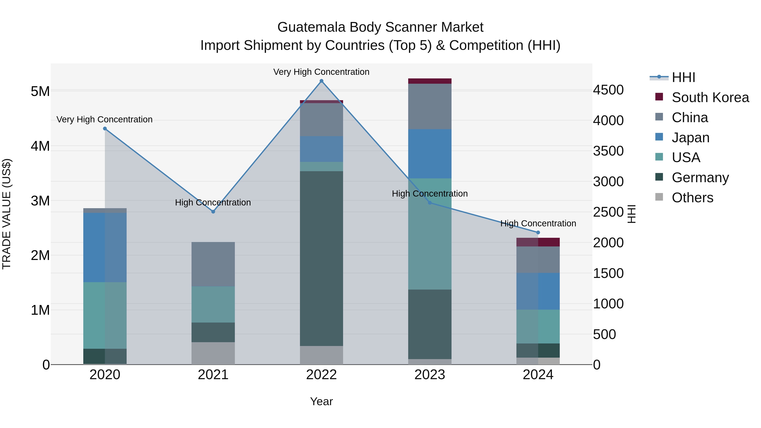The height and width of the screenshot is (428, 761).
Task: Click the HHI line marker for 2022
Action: click(321, 81)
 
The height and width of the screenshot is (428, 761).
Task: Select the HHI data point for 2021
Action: click(213, 212)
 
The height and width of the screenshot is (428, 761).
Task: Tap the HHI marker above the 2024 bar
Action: click(538, 232)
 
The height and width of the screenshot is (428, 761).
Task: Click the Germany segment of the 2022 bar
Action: click(321, 258)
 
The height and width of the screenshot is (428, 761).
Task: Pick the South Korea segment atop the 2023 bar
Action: click(430, 81)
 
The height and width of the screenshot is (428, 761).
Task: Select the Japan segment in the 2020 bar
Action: click(105, 247)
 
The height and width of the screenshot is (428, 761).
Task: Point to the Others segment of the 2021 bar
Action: click(213, 353)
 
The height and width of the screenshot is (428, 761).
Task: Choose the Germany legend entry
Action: click(700, 178)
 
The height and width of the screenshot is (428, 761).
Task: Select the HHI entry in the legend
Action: click(683, 77)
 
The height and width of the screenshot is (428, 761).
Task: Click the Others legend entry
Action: click(692, 198)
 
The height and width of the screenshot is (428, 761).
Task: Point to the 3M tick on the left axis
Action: click(40, 201)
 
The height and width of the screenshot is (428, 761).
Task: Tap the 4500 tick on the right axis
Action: click(608, 90)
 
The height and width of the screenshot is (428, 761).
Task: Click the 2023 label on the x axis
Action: click(430, 375)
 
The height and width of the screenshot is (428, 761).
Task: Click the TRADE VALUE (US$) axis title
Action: click(7, 214)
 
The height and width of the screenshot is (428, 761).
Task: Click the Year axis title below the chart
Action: click(321, 401)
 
